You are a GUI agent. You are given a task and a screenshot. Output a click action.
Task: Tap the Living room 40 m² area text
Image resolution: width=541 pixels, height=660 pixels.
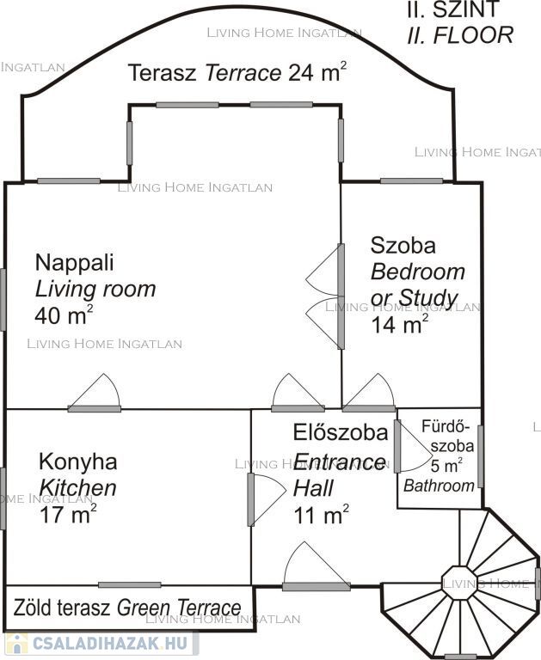coord(63,315)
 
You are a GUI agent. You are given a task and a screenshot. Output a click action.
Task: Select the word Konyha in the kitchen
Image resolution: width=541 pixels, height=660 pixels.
coord(78,461)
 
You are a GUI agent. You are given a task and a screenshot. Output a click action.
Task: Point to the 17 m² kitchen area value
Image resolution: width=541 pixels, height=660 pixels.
coord(68,514)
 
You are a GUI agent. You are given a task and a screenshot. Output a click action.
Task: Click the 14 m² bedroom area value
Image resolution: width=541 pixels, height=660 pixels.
coord(399,324)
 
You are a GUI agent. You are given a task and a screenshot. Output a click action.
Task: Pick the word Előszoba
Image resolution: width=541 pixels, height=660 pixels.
coord(341,433)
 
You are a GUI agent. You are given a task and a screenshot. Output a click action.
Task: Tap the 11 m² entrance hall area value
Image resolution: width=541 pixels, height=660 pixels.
coord(321,515)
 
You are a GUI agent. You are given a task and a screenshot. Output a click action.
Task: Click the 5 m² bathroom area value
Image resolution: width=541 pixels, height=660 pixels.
coord(446,466)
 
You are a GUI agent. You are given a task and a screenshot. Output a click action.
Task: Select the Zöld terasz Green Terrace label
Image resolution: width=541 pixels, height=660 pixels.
coord(127,608)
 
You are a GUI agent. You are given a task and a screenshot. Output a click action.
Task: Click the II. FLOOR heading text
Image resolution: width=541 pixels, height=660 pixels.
coord(460,35)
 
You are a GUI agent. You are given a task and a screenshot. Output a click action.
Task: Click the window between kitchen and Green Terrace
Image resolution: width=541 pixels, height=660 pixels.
coord(130,584)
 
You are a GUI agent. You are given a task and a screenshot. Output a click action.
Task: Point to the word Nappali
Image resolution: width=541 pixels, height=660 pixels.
coord(75,263)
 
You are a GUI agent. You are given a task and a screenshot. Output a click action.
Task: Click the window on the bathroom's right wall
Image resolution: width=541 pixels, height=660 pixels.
coord(480,456)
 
